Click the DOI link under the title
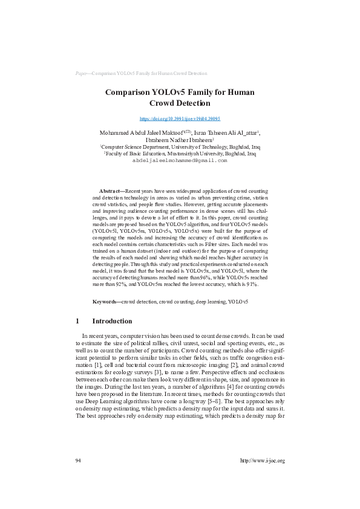point(180,120)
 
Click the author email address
point(180,161)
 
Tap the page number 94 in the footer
point(78,477)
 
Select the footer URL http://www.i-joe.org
point(262,477)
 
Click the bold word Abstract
point(110,190)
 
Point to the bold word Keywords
point(106,300)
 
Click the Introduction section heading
point(111,321)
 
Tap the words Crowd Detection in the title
point(180,103)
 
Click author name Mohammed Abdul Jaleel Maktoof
point(134,132)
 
